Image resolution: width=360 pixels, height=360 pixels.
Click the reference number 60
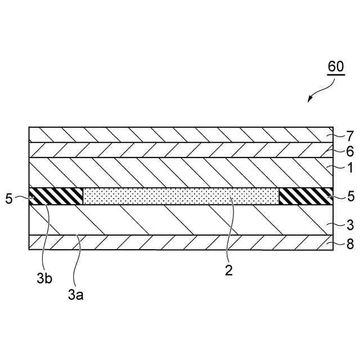click(336, 66)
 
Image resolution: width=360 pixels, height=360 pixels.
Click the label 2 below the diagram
click(228, 269)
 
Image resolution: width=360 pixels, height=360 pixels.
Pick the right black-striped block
click(306, 196)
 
